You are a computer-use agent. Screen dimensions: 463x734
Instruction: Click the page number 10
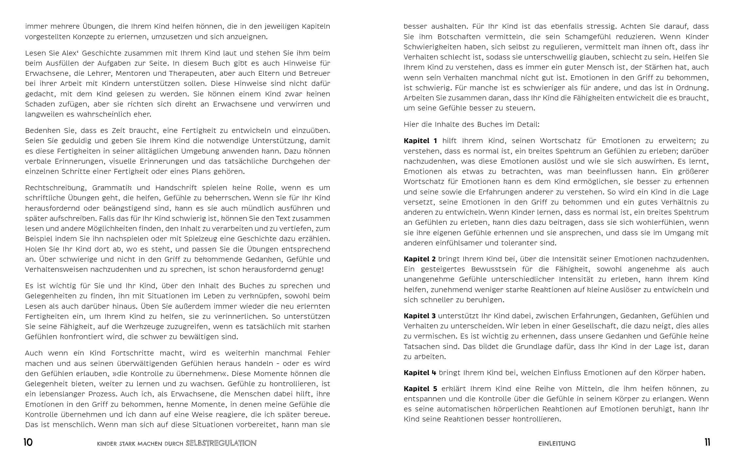coord(28,443)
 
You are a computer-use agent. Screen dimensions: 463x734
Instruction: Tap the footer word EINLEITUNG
coord(557,443)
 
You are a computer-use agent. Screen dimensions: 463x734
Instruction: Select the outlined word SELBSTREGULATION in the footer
coord(221,443)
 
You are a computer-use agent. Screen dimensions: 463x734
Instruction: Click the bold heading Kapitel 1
coord(420,141)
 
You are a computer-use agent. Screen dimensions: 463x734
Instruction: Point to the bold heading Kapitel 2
coord(420,259)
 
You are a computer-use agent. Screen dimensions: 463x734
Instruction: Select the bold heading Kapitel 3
coord(420,316)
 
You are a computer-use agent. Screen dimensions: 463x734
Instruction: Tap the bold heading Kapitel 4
coord(420,373)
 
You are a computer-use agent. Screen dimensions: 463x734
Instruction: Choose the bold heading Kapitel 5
coord(420,389)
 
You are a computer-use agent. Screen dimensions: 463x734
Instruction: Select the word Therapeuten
coord(191,74)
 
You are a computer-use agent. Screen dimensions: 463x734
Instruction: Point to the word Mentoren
coord(133,74)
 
